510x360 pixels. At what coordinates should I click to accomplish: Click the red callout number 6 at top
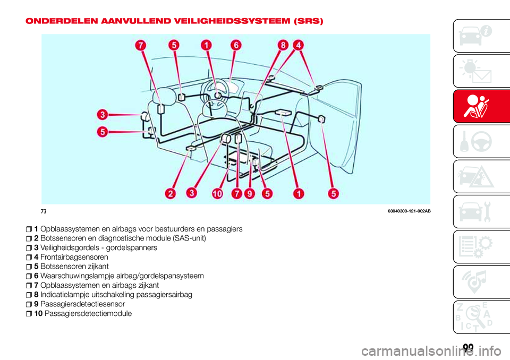point(236,45)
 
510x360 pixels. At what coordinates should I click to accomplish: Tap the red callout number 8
point(283,45)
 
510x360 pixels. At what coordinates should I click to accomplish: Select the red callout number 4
point(298,45)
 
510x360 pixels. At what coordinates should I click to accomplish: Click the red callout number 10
point(217,194)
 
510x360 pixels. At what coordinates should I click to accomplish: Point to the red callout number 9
point(250,194)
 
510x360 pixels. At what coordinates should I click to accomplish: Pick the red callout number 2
point(171,194)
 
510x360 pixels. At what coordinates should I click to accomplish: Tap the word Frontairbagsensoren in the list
point(74,257)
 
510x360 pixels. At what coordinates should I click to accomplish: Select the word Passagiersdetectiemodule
point(88,314)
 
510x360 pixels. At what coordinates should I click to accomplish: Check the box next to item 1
point(29,229)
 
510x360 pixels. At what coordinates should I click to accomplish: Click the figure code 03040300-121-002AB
point(409,211)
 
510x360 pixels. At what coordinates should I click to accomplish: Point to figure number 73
point(44,212)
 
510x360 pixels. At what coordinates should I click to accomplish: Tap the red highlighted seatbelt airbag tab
point(481,106)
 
